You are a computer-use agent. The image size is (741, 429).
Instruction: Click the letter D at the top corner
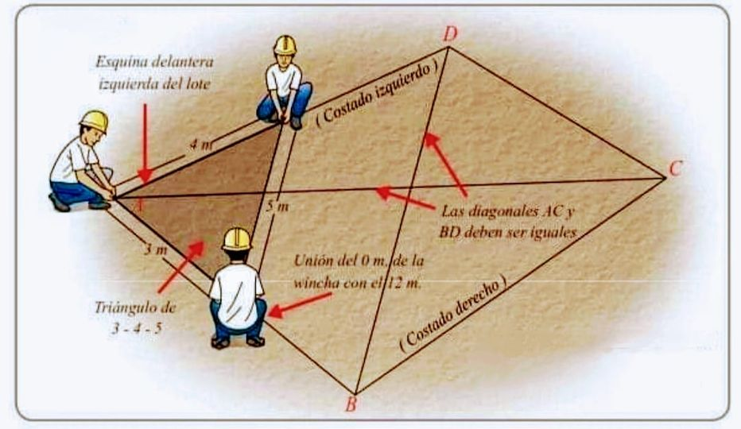tap(450, 33)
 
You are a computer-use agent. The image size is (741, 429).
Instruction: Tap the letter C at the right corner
tap(675, 168)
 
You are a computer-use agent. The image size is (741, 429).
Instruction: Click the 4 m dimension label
tap(202, 145)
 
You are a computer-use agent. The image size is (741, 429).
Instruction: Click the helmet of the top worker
tap(284, 44)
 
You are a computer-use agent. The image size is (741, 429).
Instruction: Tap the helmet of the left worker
tap(95, 120)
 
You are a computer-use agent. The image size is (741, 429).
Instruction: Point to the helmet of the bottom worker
tap(236, 238)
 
